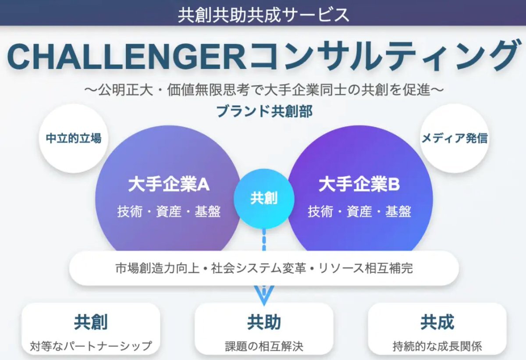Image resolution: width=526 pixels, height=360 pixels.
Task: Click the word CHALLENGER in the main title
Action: (127, 57)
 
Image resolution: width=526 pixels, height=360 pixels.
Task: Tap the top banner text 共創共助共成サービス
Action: (263, 15)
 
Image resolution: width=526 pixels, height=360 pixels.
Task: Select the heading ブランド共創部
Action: (264, 111)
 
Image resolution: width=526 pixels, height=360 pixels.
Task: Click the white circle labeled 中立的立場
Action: (74, 139)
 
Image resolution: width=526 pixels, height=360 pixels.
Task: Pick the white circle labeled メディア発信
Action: (455, 139)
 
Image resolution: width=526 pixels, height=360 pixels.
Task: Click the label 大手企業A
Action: (169, 184)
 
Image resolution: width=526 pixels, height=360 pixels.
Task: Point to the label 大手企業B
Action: (359, 184)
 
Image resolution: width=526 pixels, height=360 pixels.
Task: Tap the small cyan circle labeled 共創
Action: (264, 199)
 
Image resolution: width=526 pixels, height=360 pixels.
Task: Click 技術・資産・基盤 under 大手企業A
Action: (169, 211)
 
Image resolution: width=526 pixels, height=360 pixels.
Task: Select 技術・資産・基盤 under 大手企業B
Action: (359, 211)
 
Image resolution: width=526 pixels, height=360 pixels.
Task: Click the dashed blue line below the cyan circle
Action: (264, 240)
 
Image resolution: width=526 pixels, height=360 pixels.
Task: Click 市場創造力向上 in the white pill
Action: (157, 268)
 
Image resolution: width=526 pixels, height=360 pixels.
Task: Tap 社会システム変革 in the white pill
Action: (259, 268)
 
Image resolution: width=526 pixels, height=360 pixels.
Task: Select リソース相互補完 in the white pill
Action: (366, 268)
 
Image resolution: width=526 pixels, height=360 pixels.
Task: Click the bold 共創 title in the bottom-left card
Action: (91, 322)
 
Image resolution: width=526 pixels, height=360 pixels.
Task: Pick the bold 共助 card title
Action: (264, 322)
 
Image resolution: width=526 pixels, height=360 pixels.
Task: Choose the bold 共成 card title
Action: (437, 322)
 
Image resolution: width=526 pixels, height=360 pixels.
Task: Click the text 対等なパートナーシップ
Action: (91, 346)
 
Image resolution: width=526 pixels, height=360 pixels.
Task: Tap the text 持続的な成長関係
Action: (437, 346)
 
